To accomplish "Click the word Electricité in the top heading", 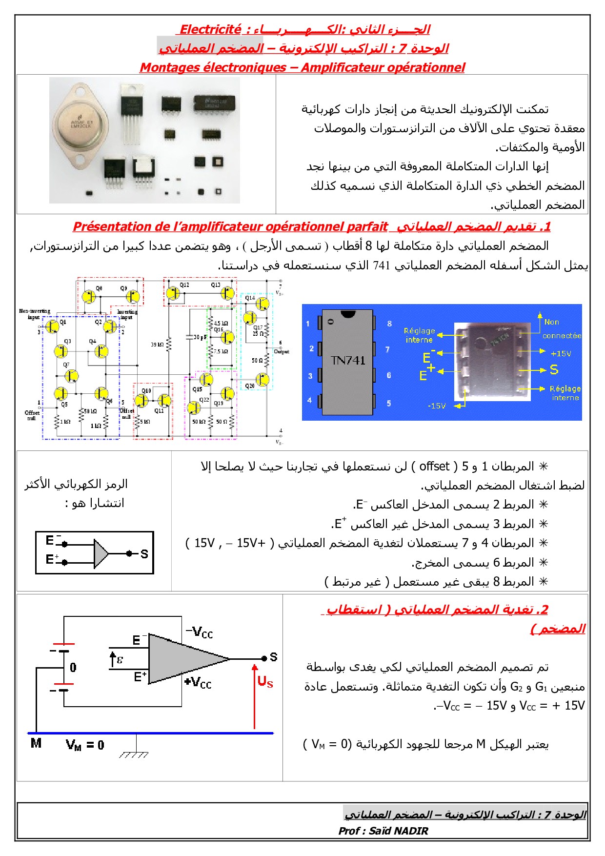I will pyautogui.click(x=210, y=29).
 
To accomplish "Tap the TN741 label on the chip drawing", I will pyautogui.click(x=348, y=361).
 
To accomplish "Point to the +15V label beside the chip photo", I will pyautogui.click(x=561, y=353).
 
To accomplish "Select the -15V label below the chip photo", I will pyautogui.click(x=437, y=406).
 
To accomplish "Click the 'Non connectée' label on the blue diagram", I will pyautogui.click(x=561, y=329).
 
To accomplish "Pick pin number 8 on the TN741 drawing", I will pyautogui.click(x=389, y=324).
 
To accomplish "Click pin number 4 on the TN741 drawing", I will pyautogui.click(x=309, y=401).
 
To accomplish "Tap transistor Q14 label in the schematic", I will pyautogui.click(x=250, y=298).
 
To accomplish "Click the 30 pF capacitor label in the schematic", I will pyautogui.click(x=200, y=337).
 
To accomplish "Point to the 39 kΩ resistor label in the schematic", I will pyautogui.click(x=157, y=345).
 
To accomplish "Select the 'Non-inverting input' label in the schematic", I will pyautogui.click(x=34, y=314).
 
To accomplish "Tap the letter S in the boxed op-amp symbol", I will pyautogui.click(x=144, y=554).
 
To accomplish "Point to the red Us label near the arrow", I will pyautogui.click(x=265, y=681).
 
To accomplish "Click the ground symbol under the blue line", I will pyautogui.click(x=134, y=754).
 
